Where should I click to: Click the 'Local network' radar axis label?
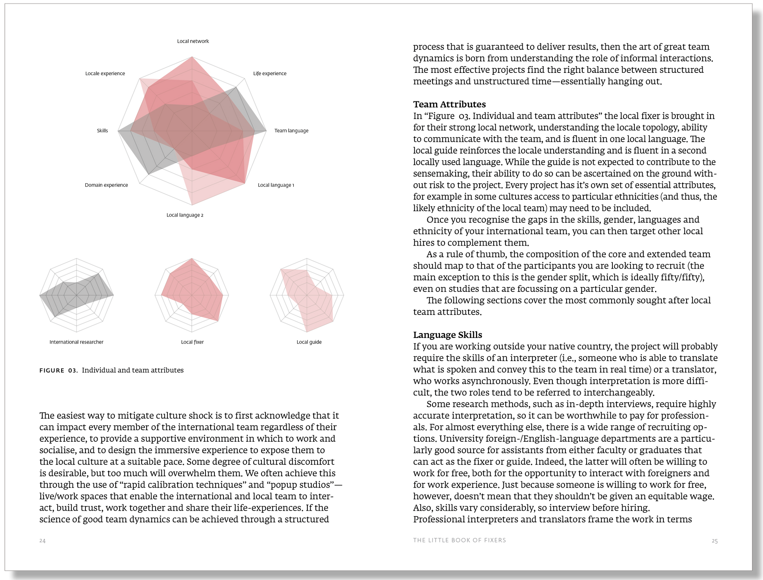click(193, 41)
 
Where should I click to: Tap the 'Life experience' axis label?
click(270, 74)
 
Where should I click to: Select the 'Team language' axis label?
click(291, 131)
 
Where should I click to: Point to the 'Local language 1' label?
click(276, 185)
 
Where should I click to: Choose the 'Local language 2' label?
click(185, 215)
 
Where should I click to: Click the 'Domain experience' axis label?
click(106, 185)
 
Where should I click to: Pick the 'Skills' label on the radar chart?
click(102, 131)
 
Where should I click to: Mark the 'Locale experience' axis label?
click(105, 74)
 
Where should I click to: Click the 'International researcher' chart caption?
click(76, 342)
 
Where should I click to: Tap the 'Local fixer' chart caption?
click(193, 342)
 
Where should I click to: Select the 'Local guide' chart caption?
click(309, 342)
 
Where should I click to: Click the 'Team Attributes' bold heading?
click(449, 105)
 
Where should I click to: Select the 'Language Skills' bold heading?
click(447, 335)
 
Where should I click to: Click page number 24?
click(43, 541)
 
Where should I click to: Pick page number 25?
click(714, 541)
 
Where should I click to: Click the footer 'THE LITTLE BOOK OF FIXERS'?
click(460, 540)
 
